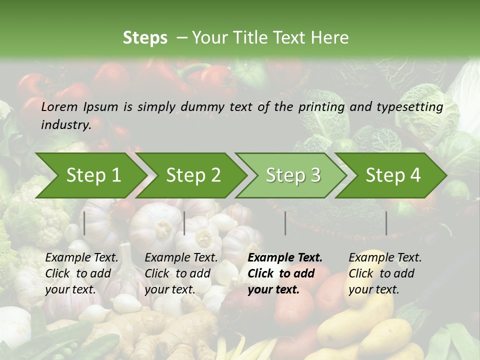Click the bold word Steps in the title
coord(145,38)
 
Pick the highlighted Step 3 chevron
coord(293,175)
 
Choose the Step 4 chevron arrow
coord(393,175)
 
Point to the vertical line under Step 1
coord(84,223)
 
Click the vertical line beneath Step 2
coord(184,223)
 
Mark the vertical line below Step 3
coord(285,223)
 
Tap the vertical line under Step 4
coord(386,223)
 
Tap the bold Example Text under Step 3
coord(285,258)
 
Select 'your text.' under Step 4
coord(373,289)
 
